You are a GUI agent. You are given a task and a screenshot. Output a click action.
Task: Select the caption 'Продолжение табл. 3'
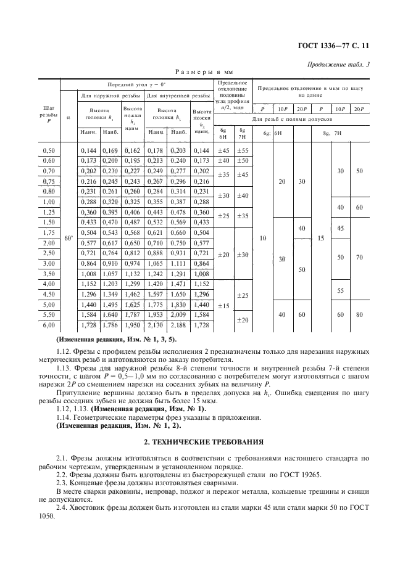[338, 65]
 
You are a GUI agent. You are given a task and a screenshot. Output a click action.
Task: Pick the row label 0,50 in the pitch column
[49, 150]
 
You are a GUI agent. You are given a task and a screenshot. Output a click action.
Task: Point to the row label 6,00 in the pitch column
[49, 324]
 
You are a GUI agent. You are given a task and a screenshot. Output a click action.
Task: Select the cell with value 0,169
[111, 150]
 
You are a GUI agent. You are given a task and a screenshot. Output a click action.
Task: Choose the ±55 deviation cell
[244, 150]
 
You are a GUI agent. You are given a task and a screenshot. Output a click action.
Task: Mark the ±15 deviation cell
[223, 306]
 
